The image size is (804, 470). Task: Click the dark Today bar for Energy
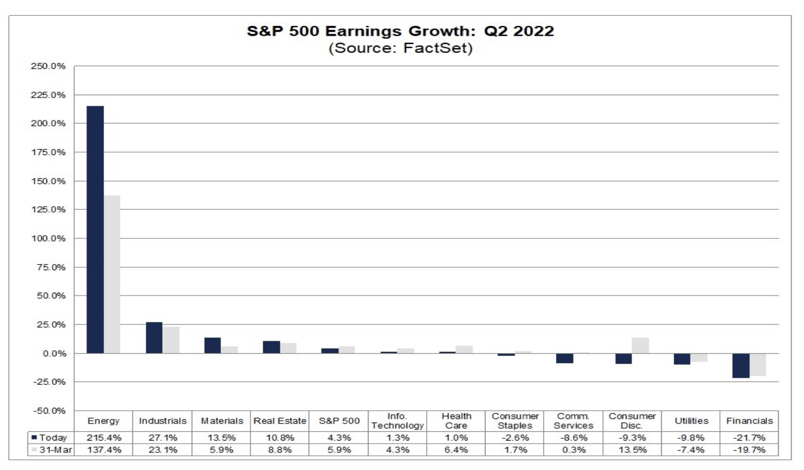[x=95, y=229]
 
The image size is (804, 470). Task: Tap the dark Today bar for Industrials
[x=154, y=338]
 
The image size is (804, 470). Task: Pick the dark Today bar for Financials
[x=741, y=365]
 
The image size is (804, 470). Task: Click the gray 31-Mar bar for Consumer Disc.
[x=640, y=345]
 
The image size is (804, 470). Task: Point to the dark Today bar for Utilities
[x=682, y=359]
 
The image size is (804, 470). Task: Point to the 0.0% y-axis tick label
[x=53, y=354]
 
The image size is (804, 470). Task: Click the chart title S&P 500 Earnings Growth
[x=400, y=32]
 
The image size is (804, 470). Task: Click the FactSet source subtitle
[x=400, y=48]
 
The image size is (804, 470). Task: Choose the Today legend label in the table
[x=53, y=438]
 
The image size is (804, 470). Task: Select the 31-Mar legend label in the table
[x=53, y=450]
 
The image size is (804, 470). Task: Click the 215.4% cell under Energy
[x=103, y=438]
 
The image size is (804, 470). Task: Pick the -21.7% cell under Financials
[x=749, y=438]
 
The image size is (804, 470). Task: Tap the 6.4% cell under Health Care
[x=456, y=450]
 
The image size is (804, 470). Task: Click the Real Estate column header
[x=280, y=421]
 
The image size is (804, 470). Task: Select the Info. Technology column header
[x=397, y=421]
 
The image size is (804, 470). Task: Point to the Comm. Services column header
[x=574, y=421]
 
